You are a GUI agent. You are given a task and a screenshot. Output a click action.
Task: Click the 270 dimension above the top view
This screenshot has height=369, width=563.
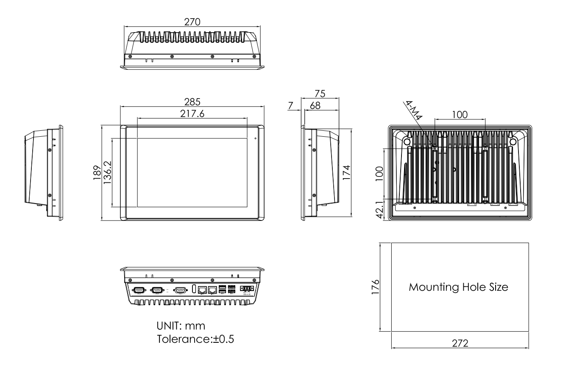[192, 22]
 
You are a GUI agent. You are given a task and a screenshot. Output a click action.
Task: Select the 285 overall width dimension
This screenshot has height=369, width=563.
[192, 102]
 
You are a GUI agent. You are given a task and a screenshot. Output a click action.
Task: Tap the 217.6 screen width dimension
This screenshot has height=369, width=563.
[192, 114]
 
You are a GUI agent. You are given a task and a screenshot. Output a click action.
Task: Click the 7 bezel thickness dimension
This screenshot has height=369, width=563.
[290, 106]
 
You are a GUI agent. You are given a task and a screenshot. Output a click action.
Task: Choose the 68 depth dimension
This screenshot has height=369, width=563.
[315, 106]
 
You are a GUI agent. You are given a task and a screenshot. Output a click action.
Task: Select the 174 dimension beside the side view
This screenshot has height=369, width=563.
[347, 173]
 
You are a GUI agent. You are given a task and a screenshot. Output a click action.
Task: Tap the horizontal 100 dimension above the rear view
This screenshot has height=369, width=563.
[460, 114]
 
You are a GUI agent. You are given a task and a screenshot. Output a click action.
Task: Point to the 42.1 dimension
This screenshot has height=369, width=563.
[380, 210]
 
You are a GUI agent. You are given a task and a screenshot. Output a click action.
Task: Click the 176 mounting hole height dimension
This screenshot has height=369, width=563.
[375, 287]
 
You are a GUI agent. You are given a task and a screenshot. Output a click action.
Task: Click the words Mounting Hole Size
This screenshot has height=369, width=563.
[458, 287]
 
